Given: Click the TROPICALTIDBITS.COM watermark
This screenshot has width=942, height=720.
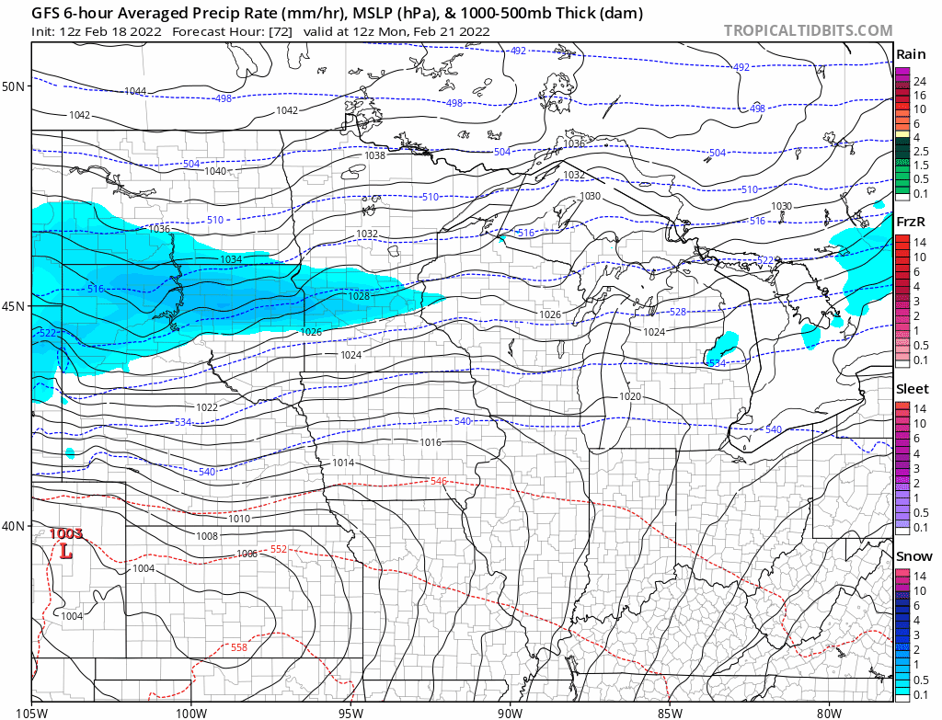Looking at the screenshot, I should [808, 30].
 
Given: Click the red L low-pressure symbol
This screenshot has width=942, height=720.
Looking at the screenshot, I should [65, 552].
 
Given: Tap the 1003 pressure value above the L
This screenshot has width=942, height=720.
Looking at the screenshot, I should [66, 533].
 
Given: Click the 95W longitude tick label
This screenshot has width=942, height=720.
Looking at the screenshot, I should [350, 711].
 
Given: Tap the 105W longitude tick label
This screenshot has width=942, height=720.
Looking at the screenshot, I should [32, 711].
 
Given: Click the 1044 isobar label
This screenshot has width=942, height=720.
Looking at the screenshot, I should [135, 91].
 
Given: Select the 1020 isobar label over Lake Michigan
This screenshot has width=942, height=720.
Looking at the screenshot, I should [630, 396].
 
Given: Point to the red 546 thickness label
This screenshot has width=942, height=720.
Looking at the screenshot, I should [439, 481].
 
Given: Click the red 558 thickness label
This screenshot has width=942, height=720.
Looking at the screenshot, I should [238, 647].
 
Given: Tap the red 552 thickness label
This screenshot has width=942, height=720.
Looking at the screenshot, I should [278, 549].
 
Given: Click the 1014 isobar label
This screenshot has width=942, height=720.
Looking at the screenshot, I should [343, 463].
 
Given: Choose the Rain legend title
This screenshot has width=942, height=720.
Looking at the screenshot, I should [911, 54].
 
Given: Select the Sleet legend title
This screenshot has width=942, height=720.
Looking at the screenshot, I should [913, 389].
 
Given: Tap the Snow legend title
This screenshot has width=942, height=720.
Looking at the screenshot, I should [913, 555].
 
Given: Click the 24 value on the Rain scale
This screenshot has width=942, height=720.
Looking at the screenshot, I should [917, 82].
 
